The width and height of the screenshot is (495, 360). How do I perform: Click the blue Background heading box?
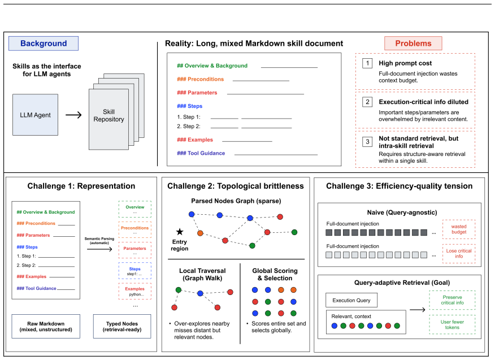(x=44, y=44)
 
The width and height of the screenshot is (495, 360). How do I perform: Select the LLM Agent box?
(x=36, y=115)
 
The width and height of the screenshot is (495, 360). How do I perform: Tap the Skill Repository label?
(x=108, y=116)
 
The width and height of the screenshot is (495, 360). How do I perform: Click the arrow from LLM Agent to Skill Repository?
(x=73, y=115)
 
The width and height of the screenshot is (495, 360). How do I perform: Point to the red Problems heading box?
(x=413, y=44)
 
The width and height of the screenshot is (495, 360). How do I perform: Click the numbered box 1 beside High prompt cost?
(x=367, y=63)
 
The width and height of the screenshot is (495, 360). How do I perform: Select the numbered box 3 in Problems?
(x=367, y=142)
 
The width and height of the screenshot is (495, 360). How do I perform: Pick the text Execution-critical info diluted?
(x=424, y=102)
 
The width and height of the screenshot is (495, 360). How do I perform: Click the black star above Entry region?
(x=180, y=232)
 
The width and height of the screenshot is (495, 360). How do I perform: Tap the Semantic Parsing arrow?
(x=99, y=249)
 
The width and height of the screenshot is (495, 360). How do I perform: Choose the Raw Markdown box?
(x=46, y=327)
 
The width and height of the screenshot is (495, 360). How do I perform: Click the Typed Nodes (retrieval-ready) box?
(x=122, y=327)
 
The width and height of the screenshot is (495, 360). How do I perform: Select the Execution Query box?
(x=351, y=300)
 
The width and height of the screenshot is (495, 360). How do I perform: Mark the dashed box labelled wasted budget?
(x=459, y=229)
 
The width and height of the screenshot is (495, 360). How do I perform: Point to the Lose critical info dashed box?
(x=459, y=253)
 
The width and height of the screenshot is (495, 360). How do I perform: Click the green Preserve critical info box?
(x=452, y=300)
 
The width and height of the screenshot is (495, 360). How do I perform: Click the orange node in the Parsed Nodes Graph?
(x=200, y=233)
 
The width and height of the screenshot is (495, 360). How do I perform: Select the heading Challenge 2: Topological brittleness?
(x=236, y=186)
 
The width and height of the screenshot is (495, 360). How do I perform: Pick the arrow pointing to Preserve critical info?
(x=418, y=310)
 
